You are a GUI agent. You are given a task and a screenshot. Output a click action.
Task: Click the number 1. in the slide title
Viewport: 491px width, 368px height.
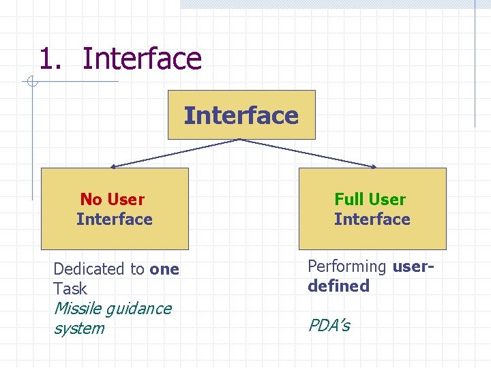pos(51,59)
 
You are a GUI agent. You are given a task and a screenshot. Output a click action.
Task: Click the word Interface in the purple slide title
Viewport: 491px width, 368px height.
pos(142,59)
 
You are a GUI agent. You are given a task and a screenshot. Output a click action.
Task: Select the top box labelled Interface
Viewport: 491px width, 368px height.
pos(241,115)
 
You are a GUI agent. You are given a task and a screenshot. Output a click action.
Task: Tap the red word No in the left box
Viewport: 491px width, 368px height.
pos(91,200)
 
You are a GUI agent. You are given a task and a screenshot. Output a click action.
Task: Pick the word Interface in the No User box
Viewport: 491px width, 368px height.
pos(115,219)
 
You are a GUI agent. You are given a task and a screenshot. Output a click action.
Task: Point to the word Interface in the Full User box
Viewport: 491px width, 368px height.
pos(372,219)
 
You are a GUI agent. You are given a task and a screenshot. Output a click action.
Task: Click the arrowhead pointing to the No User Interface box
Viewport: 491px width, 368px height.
pos(114,166)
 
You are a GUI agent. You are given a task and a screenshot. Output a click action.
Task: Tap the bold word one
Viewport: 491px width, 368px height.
pos(164,269)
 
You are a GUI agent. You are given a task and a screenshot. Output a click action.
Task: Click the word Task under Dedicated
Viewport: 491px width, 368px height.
pos(70,288)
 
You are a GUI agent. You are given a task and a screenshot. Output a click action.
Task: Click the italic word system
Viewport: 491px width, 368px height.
pos(79,328)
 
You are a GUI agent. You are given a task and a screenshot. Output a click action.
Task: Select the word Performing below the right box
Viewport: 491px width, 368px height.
pos(347,266)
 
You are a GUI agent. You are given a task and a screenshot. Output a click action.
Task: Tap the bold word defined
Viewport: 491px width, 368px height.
pos(339,286)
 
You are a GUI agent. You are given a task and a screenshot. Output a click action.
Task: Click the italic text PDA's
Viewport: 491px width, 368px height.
pos(329,325)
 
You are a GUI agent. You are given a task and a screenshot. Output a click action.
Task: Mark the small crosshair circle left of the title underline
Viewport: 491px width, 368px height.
pos(31,82)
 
